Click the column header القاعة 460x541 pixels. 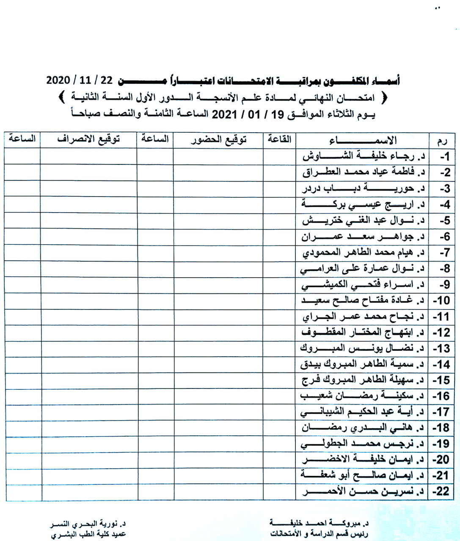(x=279, y=139)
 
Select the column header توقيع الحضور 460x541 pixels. (x=218, y=139)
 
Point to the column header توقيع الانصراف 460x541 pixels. (x=88, y=139)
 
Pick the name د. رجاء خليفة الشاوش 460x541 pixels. (x=364, y=156)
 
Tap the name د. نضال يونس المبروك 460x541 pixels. (x=362, y=348)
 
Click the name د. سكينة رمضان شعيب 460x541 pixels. (x=362, y=396)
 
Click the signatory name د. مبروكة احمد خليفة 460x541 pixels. (x=319, y=523)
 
